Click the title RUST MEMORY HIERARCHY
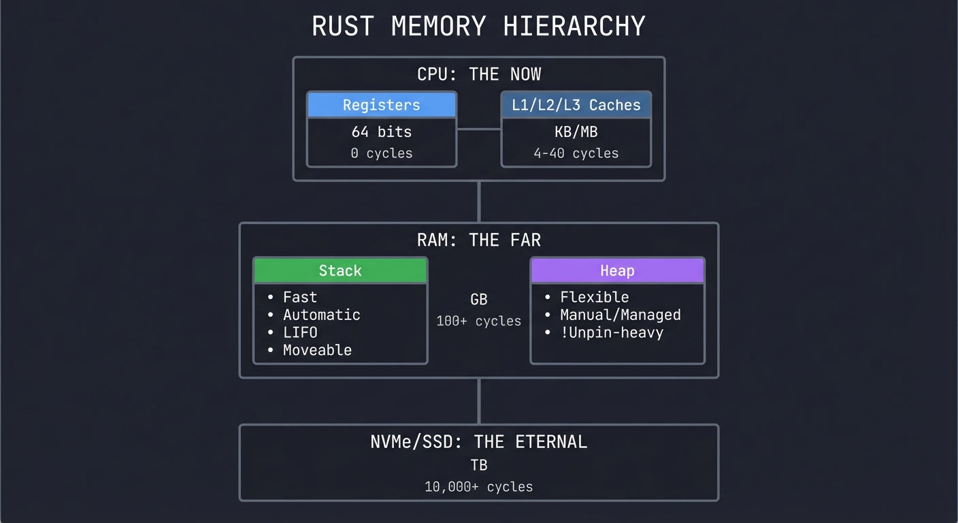point(478,27)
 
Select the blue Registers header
point(381,105)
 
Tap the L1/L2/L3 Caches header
point(576,105)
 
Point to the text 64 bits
point(381,131)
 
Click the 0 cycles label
point(381,153)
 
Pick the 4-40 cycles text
point(576,153)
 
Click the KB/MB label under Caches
point(576,131)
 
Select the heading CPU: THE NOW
point(478,74)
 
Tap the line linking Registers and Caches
point(479,129)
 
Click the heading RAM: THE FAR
point(478,240)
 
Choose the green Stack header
point(340,270)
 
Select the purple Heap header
point(617,270)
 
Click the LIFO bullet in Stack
point(300,332)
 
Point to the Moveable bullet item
point(317,350)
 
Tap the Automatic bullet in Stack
point(321,315)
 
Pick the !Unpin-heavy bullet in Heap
point(611,332)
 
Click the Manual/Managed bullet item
point(620,315)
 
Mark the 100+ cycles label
point(478,321)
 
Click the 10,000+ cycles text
point(478,487)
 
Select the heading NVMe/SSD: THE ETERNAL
point(478,442)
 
